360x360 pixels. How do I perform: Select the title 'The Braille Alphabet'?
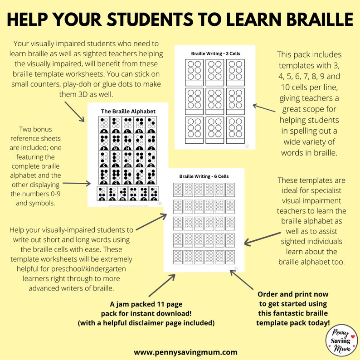(128, 111)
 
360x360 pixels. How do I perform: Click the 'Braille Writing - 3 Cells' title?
(215, 54)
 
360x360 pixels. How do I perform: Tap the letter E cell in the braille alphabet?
(152, 124)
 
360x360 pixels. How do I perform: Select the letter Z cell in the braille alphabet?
(155, 193)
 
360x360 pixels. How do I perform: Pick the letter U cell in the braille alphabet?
(102, 193)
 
